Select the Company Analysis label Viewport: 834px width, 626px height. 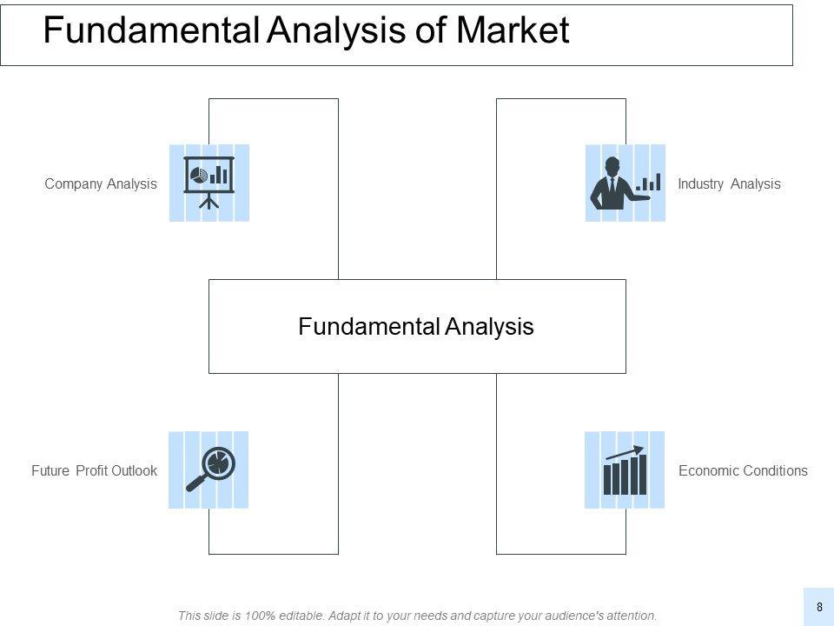[101, 183]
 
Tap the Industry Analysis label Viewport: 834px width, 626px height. [729, 183]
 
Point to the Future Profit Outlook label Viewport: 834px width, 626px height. [94, 470]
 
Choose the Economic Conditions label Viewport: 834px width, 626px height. [743, 470]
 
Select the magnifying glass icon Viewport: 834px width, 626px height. [209, 469]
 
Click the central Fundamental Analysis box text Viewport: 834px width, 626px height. [416, 327]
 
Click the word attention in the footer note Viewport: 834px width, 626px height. [630, 616]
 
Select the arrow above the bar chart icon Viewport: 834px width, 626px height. [625, 452]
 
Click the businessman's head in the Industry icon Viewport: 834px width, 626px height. [612, 165]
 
